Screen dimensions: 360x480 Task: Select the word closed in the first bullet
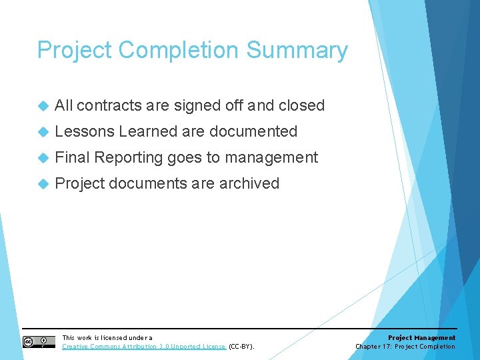pyautogui.click(x=301, y=105)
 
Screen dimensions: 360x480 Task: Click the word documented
pyautogui.click(x=253, y=131)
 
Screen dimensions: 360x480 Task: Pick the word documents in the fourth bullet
pyautogui.click(x=147, y=183)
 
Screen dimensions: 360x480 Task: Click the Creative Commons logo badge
pyautogui.click(x=39, y=342)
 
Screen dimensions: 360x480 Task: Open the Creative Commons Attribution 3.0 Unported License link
pyautogui.click(x=144, y=347)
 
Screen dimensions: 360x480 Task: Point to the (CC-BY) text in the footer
pyautogui.click(x=241, y=347)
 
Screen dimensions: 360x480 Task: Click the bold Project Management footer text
pyautogui.click(x=421, y=338)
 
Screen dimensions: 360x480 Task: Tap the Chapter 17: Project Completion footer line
pyautogui.click(x=405, y=347)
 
